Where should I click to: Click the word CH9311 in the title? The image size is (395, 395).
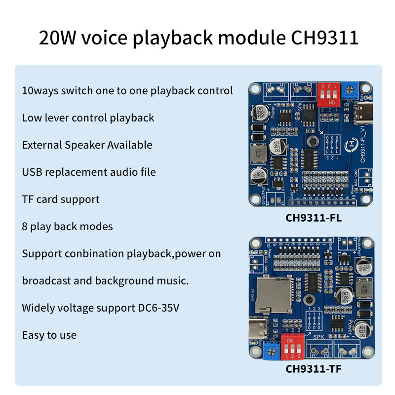point(318,38)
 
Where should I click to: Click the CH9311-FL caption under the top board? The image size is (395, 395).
point(314,217)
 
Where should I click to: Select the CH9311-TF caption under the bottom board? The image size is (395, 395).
point(314,368)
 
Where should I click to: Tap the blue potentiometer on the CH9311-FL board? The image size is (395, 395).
point(351,89)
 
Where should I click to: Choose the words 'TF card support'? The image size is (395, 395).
point(61,199)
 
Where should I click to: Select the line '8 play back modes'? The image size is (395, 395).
point(67,226)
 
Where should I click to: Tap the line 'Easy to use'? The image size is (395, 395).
point(49,335)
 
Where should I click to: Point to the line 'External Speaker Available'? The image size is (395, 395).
point(87,145)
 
